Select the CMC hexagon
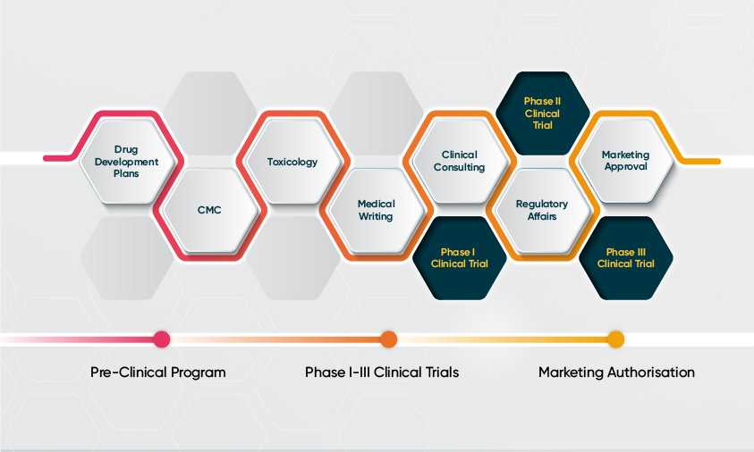[x=208, y=211]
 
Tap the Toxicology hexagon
[x=292, y=163]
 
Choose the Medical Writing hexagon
[x=376, y=211]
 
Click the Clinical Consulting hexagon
[x=459, y=162]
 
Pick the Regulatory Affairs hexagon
[x=542, y=211]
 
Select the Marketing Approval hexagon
[x=625, y=162]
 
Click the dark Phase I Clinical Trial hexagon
[x=459, y=258]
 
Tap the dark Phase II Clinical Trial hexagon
[x=542, y=113]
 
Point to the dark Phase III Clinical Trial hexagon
[x=625, y=258]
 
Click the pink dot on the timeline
[x=162, y=339]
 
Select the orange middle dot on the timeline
[x=388, y=339]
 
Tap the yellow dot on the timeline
[x=615, y=339]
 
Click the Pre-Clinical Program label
[x=158, y=372]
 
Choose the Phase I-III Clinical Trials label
[x=382, y=372]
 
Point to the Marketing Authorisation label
[x=616, y=372]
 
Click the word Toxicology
[x=292, y=163]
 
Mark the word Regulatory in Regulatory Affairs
[x=542, y=205]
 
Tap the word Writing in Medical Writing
[x=376, y=217]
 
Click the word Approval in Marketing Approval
[x=625, y=167]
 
